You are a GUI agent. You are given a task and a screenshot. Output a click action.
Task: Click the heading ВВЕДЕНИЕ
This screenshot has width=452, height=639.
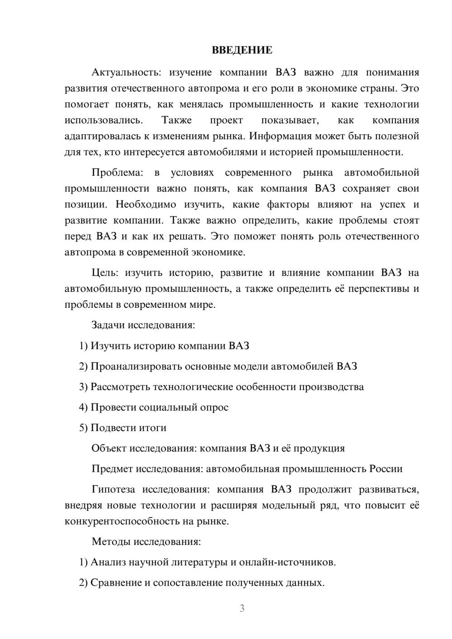click(x=242, y=50)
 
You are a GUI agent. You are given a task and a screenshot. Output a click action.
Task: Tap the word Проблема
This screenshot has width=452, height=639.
click(x=117, y=173)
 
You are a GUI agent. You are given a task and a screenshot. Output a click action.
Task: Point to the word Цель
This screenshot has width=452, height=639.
click(x=105, y=273)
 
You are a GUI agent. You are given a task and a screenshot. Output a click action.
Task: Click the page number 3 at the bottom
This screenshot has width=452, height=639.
click(x=242, y=608)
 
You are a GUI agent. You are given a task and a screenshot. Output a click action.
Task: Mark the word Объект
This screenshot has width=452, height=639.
click(x=108, y=448)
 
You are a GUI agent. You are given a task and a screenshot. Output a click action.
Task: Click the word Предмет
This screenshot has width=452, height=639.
click(x=112, y=469)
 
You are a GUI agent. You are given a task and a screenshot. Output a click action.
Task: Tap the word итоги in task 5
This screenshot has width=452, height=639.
click(x=152, y=428)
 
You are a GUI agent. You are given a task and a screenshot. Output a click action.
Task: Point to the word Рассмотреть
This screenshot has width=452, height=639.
click(x=120, y=387)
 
